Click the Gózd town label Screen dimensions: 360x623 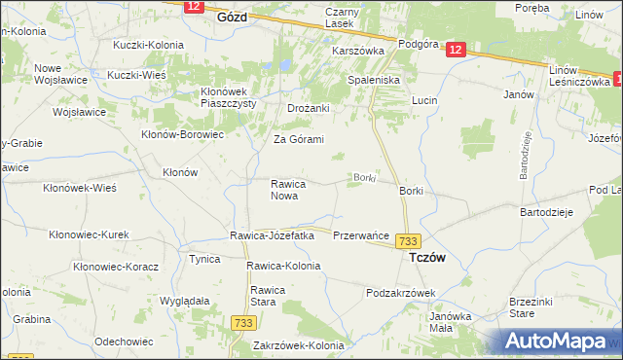232,18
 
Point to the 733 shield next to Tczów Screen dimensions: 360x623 410,241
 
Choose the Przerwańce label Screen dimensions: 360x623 361,236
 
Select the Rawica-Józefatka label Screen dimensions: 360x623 272,235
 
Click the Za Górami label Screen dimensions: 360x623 298,139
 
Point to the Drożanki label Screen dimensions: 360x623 310,108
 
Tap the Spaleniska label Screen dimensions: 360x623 375,79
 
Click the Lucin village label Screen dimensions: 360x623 424,101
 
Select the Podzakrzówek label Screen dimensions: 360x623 400,293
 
